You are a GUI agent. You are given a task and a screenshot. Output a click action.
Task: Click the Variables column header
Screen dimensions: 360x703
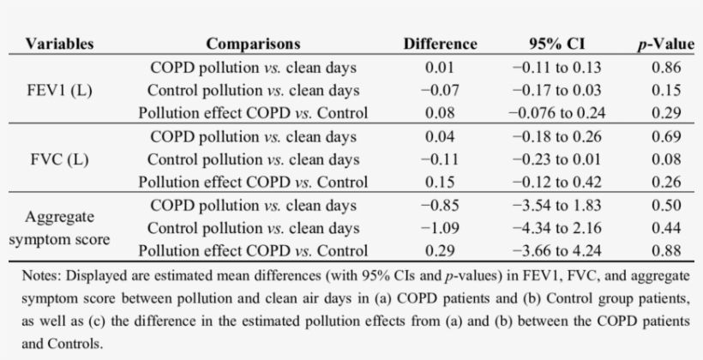pos(59,44)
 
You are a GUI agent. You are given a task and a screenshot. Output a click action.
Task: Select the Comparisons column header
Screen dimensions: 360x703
pos(253,44)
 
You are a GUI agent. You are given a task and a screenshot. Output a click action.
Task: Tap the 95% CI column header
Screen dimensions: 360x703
pos(556,44)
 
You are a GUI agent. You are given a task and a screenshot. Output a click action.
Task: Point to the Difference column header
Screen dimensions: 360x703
pos(440,44)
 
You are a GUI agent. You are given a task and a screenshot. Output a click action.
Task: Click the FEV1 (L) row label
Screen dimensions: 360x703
pos(59,90)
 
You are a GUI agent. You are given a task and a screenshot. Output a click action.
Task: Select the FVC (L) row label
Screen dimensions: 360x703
pos(59,159)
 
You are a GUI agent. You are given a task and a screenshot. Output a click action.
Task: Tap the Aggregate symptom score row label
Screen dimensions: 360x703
pos(59,228)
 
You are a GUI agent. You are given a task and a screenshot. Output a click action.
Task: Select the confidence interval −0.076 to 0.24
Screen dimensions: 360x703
pos(556,113)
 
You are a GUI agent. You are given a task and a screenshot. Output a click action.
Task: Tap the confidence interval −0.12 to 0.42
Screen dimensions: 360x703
pos(556,182)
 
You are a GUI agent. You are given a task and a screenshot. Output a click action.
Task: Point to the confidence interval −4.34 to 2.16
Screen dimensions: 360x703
pos(556,228)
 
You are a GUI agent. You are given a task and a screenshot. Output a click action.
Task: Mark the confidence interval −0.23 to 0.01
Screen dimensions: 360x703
pos(556,159)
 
